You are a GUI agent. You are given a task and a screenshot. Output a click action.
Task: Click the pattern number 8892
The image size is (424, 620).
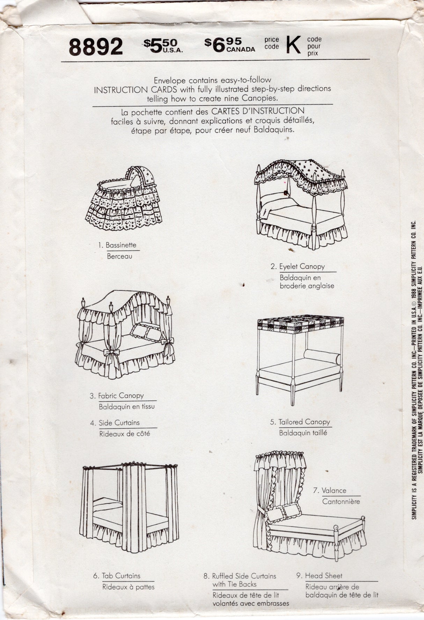96,47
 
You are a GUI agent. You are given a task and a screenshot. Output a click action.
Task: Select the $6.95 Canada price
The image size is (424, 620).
229,45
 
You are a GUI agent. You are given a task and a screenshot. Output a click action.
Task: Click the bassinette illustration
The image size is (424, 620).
124,201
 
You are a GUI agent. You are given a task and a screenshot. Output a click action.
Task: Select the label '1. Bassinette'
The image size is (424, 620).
117,245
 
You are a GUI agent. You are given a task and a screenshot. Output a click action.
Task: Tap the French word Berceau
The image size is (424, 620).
119,257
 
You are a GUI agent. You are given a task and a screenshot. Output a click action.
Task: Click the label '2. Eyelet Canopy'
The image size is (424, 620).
298,267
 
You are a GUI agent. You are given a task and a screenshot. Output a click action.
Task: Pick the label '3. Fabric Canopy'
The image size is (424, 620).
117,396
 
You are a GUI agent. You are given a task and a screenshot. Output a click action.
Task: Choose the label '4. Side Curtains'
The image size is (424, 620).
115,423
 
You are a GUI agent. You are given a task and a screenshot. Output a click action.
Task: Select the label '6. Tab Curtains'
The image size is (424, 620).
117,576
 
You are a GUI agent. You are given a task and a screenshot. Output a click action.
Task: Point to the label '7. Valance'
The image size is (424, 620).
330,491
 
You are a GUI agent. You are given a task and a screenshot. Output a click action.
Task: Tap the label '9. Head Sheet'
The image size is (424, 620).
319,576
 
